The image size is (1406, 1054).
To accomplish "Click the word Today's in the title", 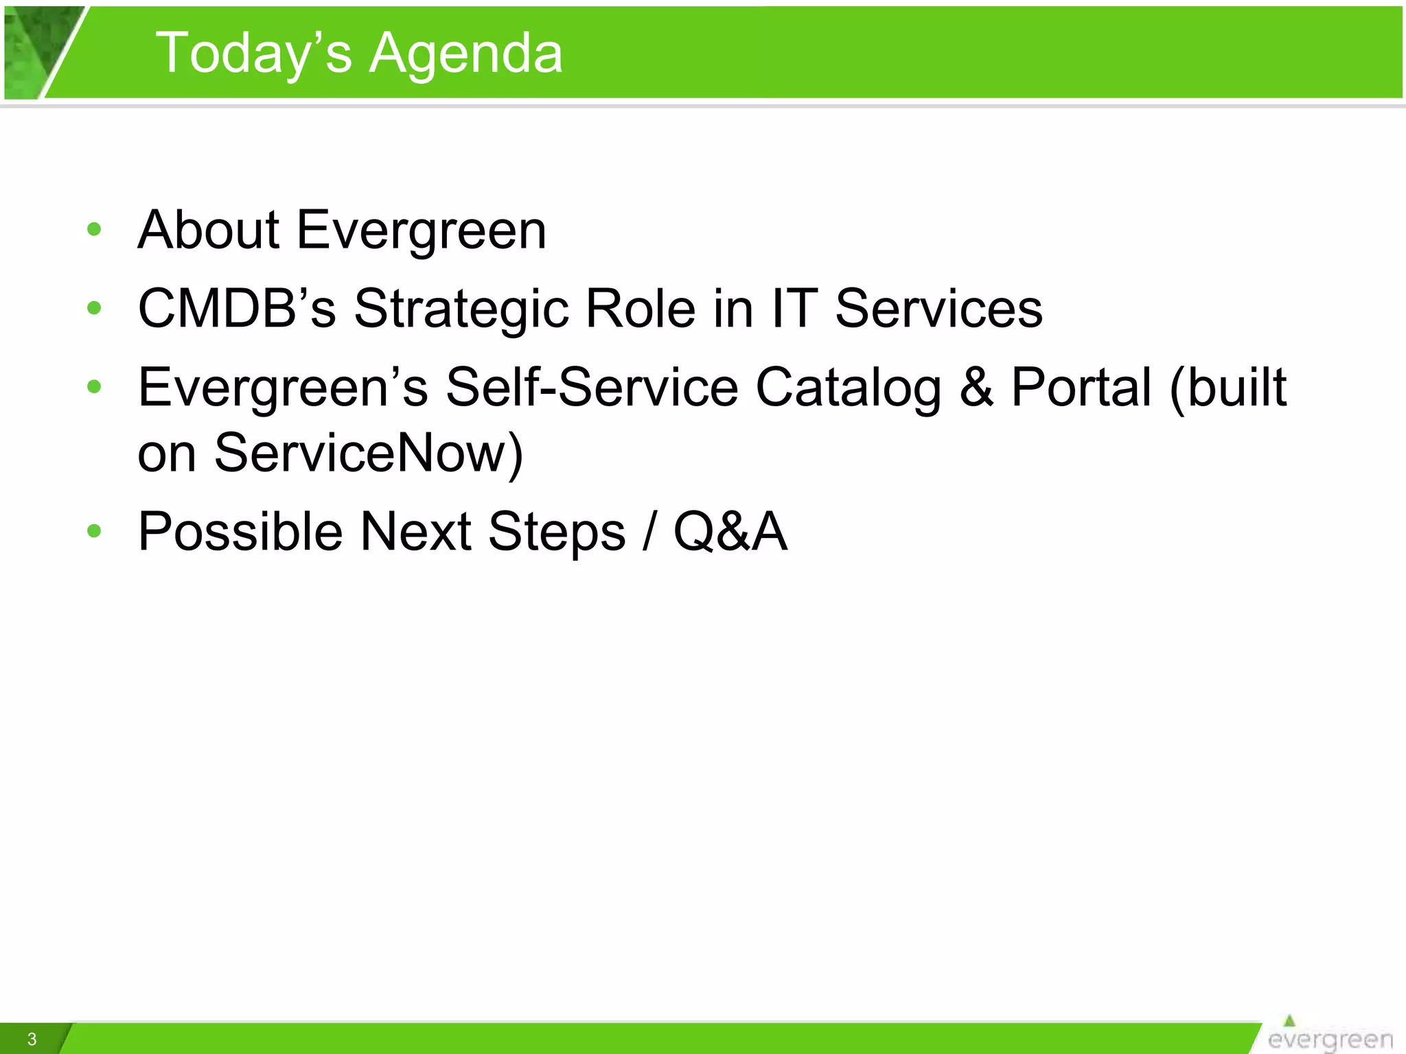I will pos(253,54).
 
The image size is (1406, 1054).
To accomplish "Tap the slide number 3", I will pos(32,1039).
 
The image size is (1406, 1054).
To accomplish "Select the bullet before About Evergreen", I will pos(94,229).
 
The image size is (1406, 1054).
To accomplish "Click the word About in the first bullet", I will pos(209,229).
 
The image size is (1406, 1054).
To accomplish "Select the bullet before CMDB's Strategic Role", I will pos(94,308).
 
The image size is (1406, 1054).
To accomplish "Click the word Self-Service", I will pos(592,387).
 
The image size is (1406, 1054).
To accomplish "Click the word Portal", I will pos(1081,387).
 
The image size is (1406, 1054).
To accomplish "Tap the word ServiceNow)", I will pos(369,453).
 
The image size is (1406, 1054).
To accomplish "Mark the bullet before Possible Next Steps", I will pos(94,531).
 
